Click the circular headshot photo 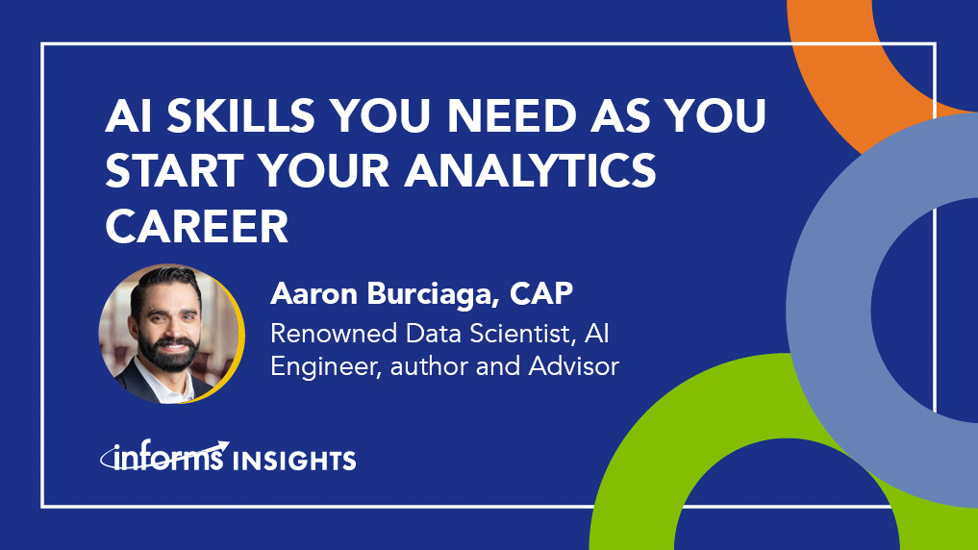(168, 333)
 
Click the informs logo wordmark (163, 459)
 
